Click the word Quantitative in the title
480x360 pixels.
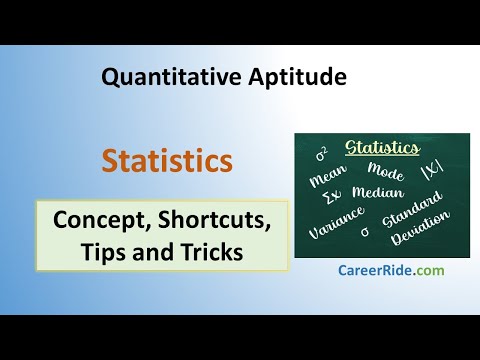point(171,78)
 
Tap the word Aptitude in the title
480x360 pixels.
point(297,77)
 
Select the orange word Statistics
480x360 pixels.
point(167,161)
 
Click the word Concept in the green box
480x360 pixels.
point(100,221)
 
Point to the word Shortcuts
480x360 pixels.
point(214,220)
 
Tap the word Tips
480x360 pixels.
point(104,252)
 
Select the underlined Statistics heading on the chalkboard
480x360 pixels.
point(382,148)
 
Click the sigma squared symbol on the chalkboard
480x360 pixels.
point(322,154)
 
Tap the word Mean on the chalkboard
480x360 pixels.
point(328,175)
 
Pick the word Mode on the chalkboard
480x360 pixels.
point(386,171)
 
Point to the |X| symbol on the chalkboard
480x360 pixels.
point(432,172)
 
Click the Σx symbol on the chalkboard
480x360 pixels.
point(332,197)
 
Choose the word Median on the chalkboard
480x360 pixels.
point(378,192)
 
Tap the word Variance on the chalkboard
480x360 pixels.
point(336,222)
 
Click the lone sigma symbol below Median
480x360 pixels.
point(365,232)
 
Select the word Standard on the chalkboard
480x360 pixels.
point(413,210)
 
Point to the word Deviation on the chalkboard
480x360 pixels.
point(420,228)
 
